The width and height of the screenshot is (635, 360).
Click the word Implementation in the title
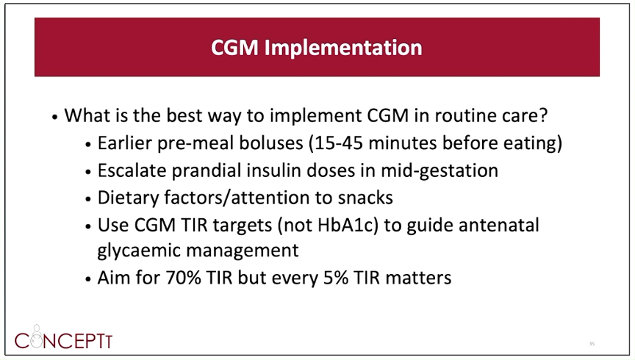pyautogui.click(x=343, y=48)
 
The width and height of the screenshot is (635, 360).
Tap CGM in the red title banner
pyautogui.click(x=234, y=47)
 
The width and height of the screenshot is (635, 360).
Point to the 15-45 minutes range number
pyautogui.click(x=338, y=143)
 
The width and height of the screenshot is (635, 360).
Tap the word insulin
pyautogui.click(x=273, y=170)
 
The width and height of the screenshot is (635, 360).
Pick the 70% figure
pyautogui.click(x=184, y=278)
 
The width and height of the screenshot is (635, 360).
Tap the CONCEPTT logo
pyautogui.click(x=64, y=338)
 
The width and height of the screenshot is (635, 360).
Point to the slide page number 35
pyautogui.click(x=592, y=344)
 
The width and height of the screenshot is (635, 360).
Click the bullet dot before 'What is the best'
pyautogui.click(x=55, y=118)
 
